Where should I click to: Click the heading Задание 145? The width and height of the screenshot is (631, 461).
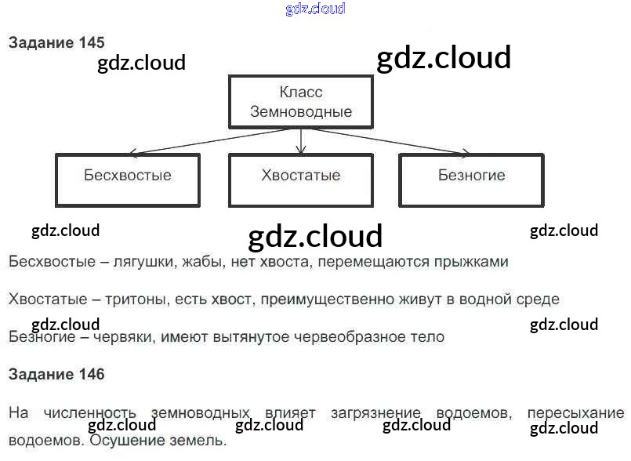(x=56, y=43)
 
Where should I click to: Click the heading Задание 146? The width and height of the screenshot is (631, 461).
(x=56, y=374)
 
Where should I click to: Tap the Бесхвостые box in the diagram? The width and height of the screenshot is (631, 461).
(x=127, y=179)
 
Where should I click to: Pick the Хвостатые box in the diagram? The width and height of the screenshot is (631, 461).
(x=301, y=179)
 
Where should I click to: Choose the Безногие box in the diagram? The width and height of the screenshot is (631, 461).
(x=471, y=179)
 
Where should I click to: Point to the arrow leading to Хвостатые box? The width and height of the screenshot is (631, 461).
(x=301, y=141)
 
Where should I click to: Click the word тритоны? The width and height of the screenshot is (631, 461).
(x=132, y=299)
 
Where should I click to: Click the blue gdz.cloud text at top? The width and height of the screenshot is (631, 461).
(x=315, y=9)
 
